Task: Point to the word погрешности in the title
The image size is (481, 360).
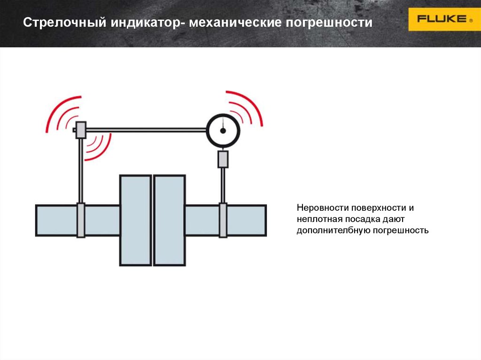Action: [x=328, y=23]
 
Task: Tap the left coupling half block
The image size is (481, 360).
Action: [x=135, y=220]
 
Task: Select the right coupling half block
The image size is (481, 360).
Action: [x=170, y=220]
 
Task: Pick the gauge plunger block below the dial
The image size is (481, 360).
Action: [x=223, y=159]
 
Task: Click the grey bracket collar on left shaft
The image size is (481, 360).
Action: [x=81, y=220]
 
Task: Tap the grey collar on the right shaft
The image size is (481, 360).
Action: [x=223, y=220]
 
